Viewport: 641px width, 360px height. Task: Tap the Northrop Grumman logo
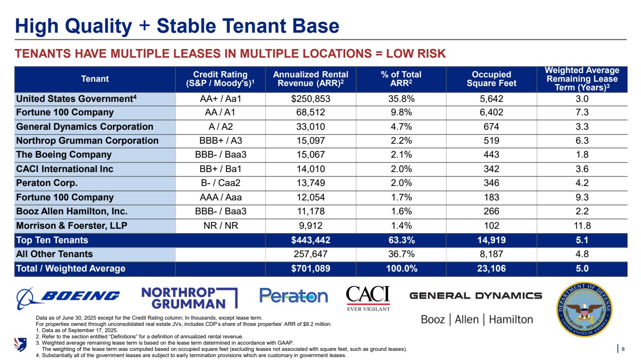tap(189, 298)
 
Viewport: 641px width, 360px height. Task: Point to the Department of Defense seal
tap(584, 310)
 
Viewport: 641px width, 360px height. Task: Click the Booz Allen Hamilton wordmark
tap(477, 320)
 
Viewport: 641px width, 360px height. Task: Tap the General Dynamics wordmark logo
tap(476, 296)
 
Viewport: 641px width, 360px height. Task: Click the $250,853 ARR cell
tap(311, 99)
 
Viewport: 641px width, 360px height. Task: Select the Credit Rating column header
tap(220, 79)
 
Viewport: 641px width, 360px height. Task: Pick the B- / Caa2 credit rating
tap(220, 183)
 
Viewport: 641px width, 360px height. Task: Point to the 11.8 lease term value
tap(582, 226)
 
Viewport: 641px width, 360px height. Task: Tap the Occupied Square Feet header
tap(491, 79)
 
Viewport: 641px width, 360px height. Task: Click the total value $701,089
tap(311, 269)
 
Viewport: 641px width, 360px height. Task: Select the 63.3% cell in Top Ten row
tap(401, 240)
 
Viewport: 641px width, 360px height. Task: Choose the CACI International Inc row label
tap(65, 169)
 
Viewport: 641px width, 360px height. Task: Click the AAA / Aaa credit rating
tap(220, 198)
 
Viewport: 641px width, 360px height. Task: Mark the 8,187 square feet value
tap(491, 254)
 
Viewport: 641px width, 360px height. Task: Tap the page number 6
tap(623, 349)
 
